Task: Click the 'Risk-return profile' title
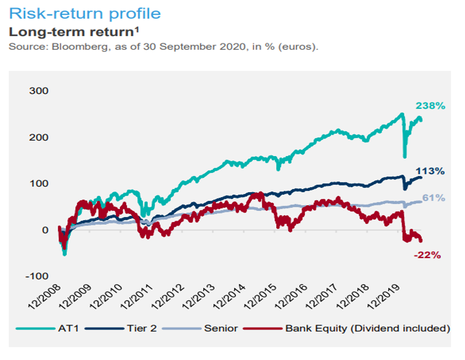85,14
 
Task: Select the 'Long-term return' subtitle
74,32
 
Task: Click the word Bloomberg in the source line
80,47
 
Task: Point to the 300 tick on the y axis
38,91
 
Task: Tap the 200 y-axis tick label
38,137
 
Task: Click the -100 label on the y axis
37,276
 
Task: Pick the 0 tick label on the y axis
45,230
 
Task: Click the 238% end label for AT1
431,105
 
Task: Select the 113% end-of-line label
430,171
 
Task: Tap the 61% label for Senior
434,198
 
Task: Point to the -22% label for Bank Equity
428,255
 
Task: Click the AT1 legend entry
48,329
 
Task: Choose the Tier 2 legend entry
121,329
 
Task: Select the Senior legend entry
200,329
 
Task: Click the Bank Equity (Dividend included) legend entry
346,329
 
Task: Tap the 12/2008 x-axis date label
45,297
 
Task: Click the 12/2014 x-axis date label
229,297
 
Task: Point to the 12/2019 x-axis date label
384,297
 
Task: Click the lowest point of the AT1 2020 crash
405,157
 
